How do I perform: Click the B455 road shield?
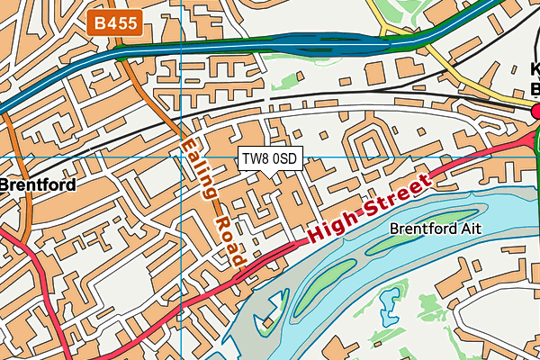(116, 23)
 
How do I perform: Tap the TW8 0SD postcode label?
(269, 159)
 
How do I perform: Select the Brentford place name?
(37, 184)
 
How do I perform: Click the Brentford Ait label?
(436, 229)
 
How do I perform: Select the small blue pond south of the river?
(391, 315)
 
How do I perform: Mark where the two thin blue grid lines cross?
(181, 157)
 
